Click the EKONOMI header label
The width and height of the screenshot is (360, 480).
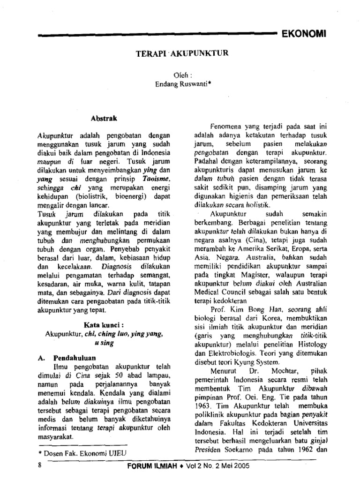coord(303,34)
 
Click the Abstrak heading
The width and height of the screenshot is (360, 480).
coord(107,119)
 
